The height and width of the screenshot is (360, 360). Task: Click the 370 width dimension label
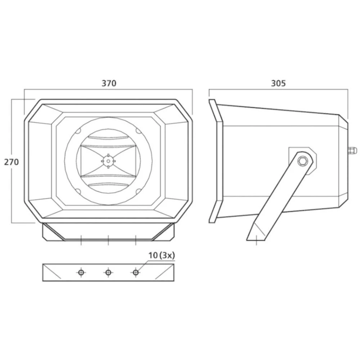point(109,83)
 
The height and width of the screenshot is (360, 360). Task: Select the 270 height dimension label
point(11,162)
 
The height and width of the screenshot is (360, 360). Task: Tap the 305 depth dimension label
point(278,83)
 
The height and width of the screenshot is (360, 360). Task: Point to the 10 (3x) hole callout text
point(162,255)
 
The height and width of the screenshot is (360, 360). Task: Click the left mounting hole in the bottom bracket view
point(81,273)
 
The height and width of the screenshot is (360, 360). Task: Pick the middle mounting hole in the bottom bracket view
point(108,273)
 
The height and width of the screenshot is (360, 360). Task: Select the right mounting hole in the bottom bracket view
point(136,273)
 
